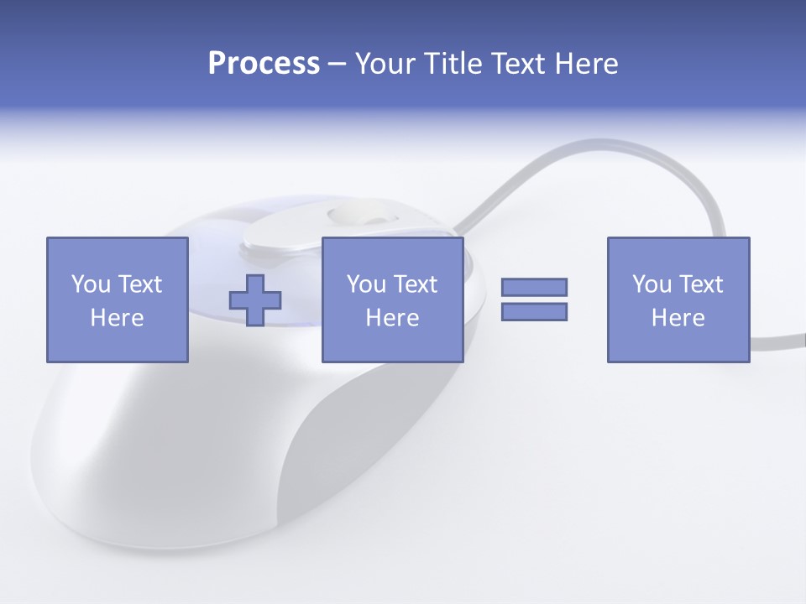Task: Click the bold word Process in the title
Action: pyautogui.click(x=264, y=64)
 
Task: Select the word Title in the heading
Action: pyautogui.click(x=454, y=64)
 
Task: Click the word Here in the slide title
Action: pyautogui.click(x=587, y=64)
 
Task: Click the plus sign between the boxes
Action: pyautogui.click(x=256, y=300)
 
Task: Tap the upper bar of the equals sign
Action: pyautogui.click(x=535, y=287)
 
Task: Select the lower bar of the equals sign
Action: pyautogui.click(x=535, y=312)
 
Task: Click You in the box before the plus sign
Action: pyautogui.click(x=90, y=284)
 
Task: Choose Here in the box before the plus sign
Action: pyautogui.click(x=117, y=318)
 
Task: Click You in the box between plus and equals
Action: pyautogui.click(x=366, y=284)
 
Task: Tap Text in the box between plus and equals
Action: pyautogui.click(x=414, y=284)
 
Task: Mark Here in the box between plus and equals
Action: pyautogui.click(x=392, y=318)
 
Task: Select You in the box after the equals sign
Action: pyautogui.click(x=652, y=284)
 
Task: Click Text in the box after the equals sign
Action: pyautogui.click(x=699, y=284)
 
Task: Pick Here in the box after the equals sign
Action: pyautogui.click(x=678, y=318)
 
